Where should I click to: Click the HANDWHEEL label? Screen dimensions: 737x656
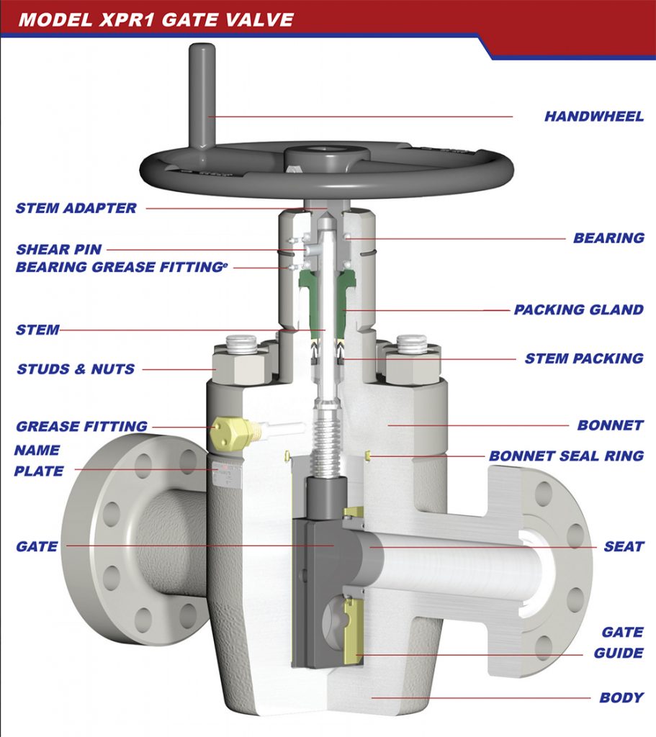[x=594, y=116]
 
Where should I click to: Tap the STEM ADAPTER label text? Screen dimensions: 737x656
[x=76, y=209]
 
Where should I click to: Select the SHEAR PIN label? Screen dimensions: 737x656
[x=59, y=250]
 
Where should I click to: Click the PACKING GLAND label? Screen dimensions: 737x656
[x=578, y=310]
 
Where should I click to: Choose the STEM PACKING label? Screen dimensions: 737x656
[x=583, y=358]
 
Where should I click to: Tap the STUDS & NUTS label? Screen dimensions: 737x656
[x=76, y=369]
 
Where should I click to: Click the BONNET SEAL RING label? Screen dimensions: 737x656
[x=566, y=456]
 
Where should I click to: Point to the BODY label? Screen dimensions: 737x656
[x=621, y=698]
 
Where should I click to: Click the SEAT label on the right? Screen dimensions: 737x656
[x=624, y=547]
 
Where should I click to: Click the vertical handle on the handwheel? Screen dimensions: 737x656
[x=202, y=94]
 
